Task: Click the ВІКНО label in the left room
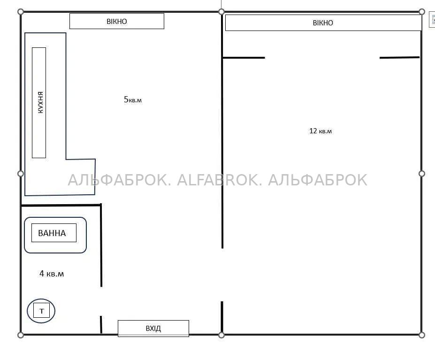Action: click(117, 22)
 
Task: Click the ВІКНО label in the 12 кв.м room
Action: click(323, 23)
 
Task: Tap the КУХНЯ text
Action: click(40, 102)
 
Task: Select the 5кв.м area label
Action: click(133, 100)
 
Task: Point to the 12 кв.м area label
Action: click(321, 131)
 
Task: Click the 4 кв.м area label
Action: click(52, 274)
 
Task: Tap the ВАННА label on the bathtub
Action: click(52, 233)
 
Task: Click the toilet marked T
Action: click(41, 311)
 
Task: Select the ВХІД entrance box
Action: click(153, 329)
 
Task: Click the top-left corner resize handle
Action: click(21, 12)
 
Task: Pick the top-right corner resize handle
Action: click(422, 12)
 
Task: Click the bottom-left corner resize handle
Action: click(21, 335)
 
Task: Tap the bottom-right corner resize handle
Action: click(422, 335)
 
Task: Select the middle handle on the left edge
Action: click(21, 174)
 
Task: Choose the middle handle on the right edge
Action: click(422, 174)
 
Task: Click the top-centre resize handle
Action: click(221, 12)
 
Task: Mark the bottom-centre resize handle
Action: click(221, 335)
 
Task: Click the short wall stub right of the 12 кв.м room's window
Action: click(399, 58)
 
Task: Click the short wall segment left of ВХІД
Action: click(101, 324)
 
